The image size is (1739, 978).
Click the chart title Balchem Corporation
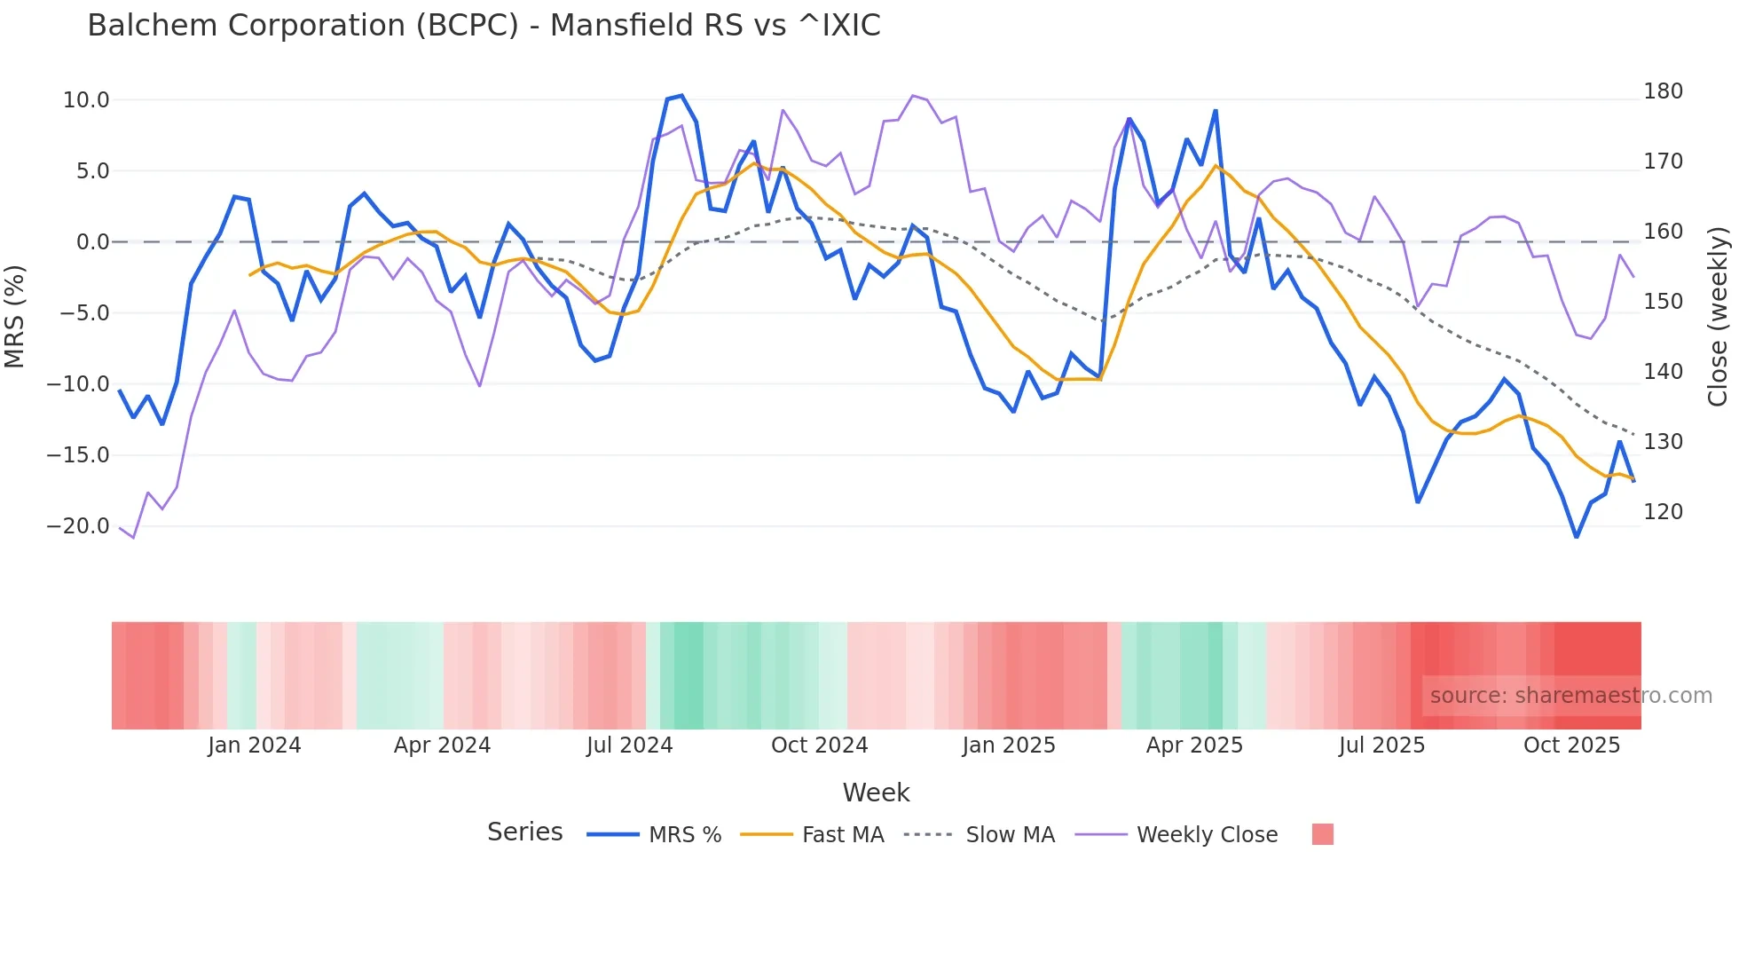click(484, 26)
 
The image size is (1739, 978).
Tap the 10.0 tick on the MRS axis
click(86, 100)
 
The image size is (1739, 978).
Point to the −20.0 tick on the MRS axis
click(78, 526)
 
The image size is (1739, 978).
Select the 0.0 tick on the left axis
click(92, 242)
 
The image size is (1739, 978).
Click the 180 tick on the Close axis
click(1663, 91)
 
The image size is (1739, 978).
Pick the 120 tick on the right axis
click(1663, 512)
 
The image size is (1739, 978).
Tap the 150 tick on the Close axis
click(1663, 302)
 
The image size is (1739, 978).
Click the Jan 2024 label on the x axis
click(255, 745)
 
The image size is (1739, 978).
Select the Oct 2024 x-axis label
click(819, 745)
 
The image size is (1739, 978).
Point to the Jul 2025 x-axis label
click(1381, 745)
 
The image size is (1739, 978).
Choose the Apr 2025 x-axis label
click(1194, 745)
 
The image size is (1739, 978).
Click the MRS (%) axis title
click(15, 316)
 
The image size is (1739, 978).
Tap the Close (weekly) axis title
click(1719, 316)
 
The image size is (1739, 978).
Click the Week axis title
click(876, 793)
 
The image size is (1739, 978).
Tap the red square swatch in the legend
click(1322, 834)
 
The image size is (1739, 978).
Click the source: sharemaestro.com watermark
click(1570, 696)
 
